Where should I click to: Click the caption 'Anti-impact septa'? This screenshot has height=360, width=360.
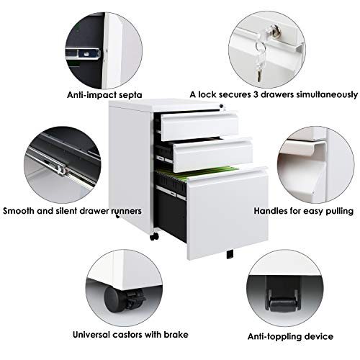[104, 95]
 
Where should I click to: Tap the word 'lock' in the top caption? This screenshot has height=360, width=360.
[207, 94]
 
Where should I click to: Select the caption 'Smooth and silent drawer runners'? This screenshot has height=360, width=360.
[72, 211]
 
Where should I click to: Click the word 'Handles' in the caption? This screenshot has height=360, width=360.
[271, 211]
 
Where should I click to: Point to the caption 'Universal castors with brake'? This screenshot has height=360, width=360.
[130, 335]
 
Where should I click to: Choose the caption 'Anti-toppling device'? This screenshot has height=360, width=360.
[290, 336]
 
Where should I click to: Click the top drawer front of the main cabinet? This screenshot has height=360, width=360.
[199, 127]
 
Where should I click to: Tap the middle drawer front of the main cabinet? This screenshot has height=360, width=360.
[213, 155]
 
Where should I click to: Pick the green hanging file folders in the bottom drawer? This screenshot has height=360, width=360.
[197, 174]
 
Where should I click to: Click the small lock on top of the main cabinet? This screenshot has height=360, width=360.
[222, 106]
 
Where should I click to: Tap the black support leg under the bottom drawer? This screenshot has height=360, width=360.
[230, 254]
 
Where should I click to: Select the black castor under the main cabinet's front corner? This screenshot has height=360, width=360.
[154, 236]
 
